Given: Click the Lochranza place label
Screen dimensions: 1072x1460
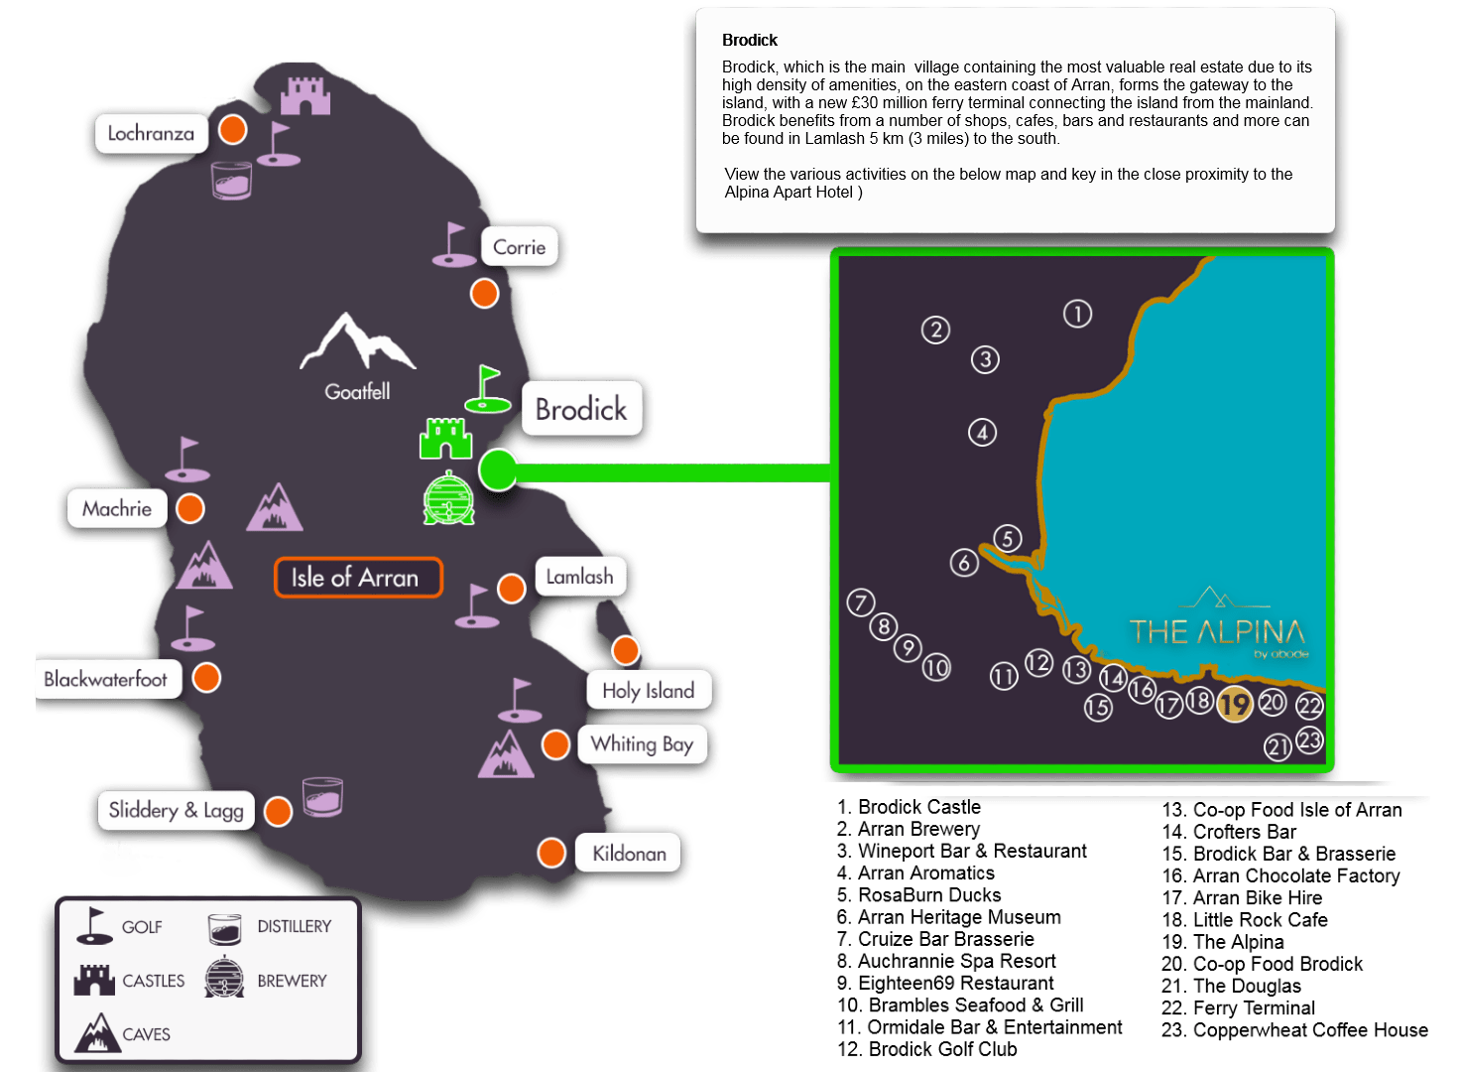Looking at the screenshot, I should point(151,133).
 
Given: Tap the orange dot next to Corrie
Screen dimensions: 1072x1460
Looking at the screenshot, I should point(484,294).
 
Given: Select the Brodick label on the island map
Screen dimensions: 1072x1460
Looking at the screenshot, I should point(581,409).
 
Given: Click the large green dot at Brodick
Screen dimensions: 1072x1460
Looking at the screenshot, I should point(498,469).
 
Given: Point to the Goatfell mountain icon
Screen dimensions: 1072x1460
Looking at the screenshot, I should point(357,343).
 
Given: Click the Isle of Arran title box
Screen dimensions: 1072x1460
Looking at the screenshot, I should point(357,578).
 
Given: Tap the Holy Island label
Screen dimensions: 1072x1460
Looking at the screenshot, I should point(648,691).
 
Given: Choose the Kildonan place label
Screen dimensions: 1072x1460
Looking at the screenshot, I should point(629,854).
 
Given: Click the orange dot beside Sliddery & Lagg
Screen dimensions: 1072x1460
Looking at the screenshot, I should point(279,811).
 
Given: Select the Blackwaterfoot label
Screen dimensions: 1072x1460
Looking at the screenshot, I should point(106,679).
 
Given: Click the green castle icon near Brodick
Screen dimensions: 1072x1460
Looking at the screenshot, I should point(445,439).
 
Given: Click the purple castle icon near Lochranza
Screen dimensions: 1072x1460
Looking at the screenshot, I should point(304,96).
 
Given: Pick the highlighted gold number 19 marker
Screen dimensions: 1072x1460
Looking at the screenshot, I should point(1234,705).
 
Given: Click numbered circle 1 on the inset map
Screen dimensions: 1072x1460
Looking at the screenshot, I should point(1077,314).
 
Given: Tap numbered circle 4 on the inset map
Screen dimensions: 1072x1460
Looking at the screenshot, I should point(982,433).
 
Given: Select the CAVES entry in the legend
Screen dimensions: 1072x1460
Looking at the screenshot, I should point(146,1034).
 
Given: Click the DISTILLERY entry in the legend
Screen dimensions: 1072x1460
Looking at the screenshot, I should point(294,926).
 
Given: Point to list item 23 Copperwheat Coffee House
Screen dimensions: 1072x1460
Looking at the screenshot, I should point(1294,1030).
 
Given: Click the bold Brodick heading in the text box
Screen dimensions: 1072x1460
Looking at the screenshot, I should point(750,41).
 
